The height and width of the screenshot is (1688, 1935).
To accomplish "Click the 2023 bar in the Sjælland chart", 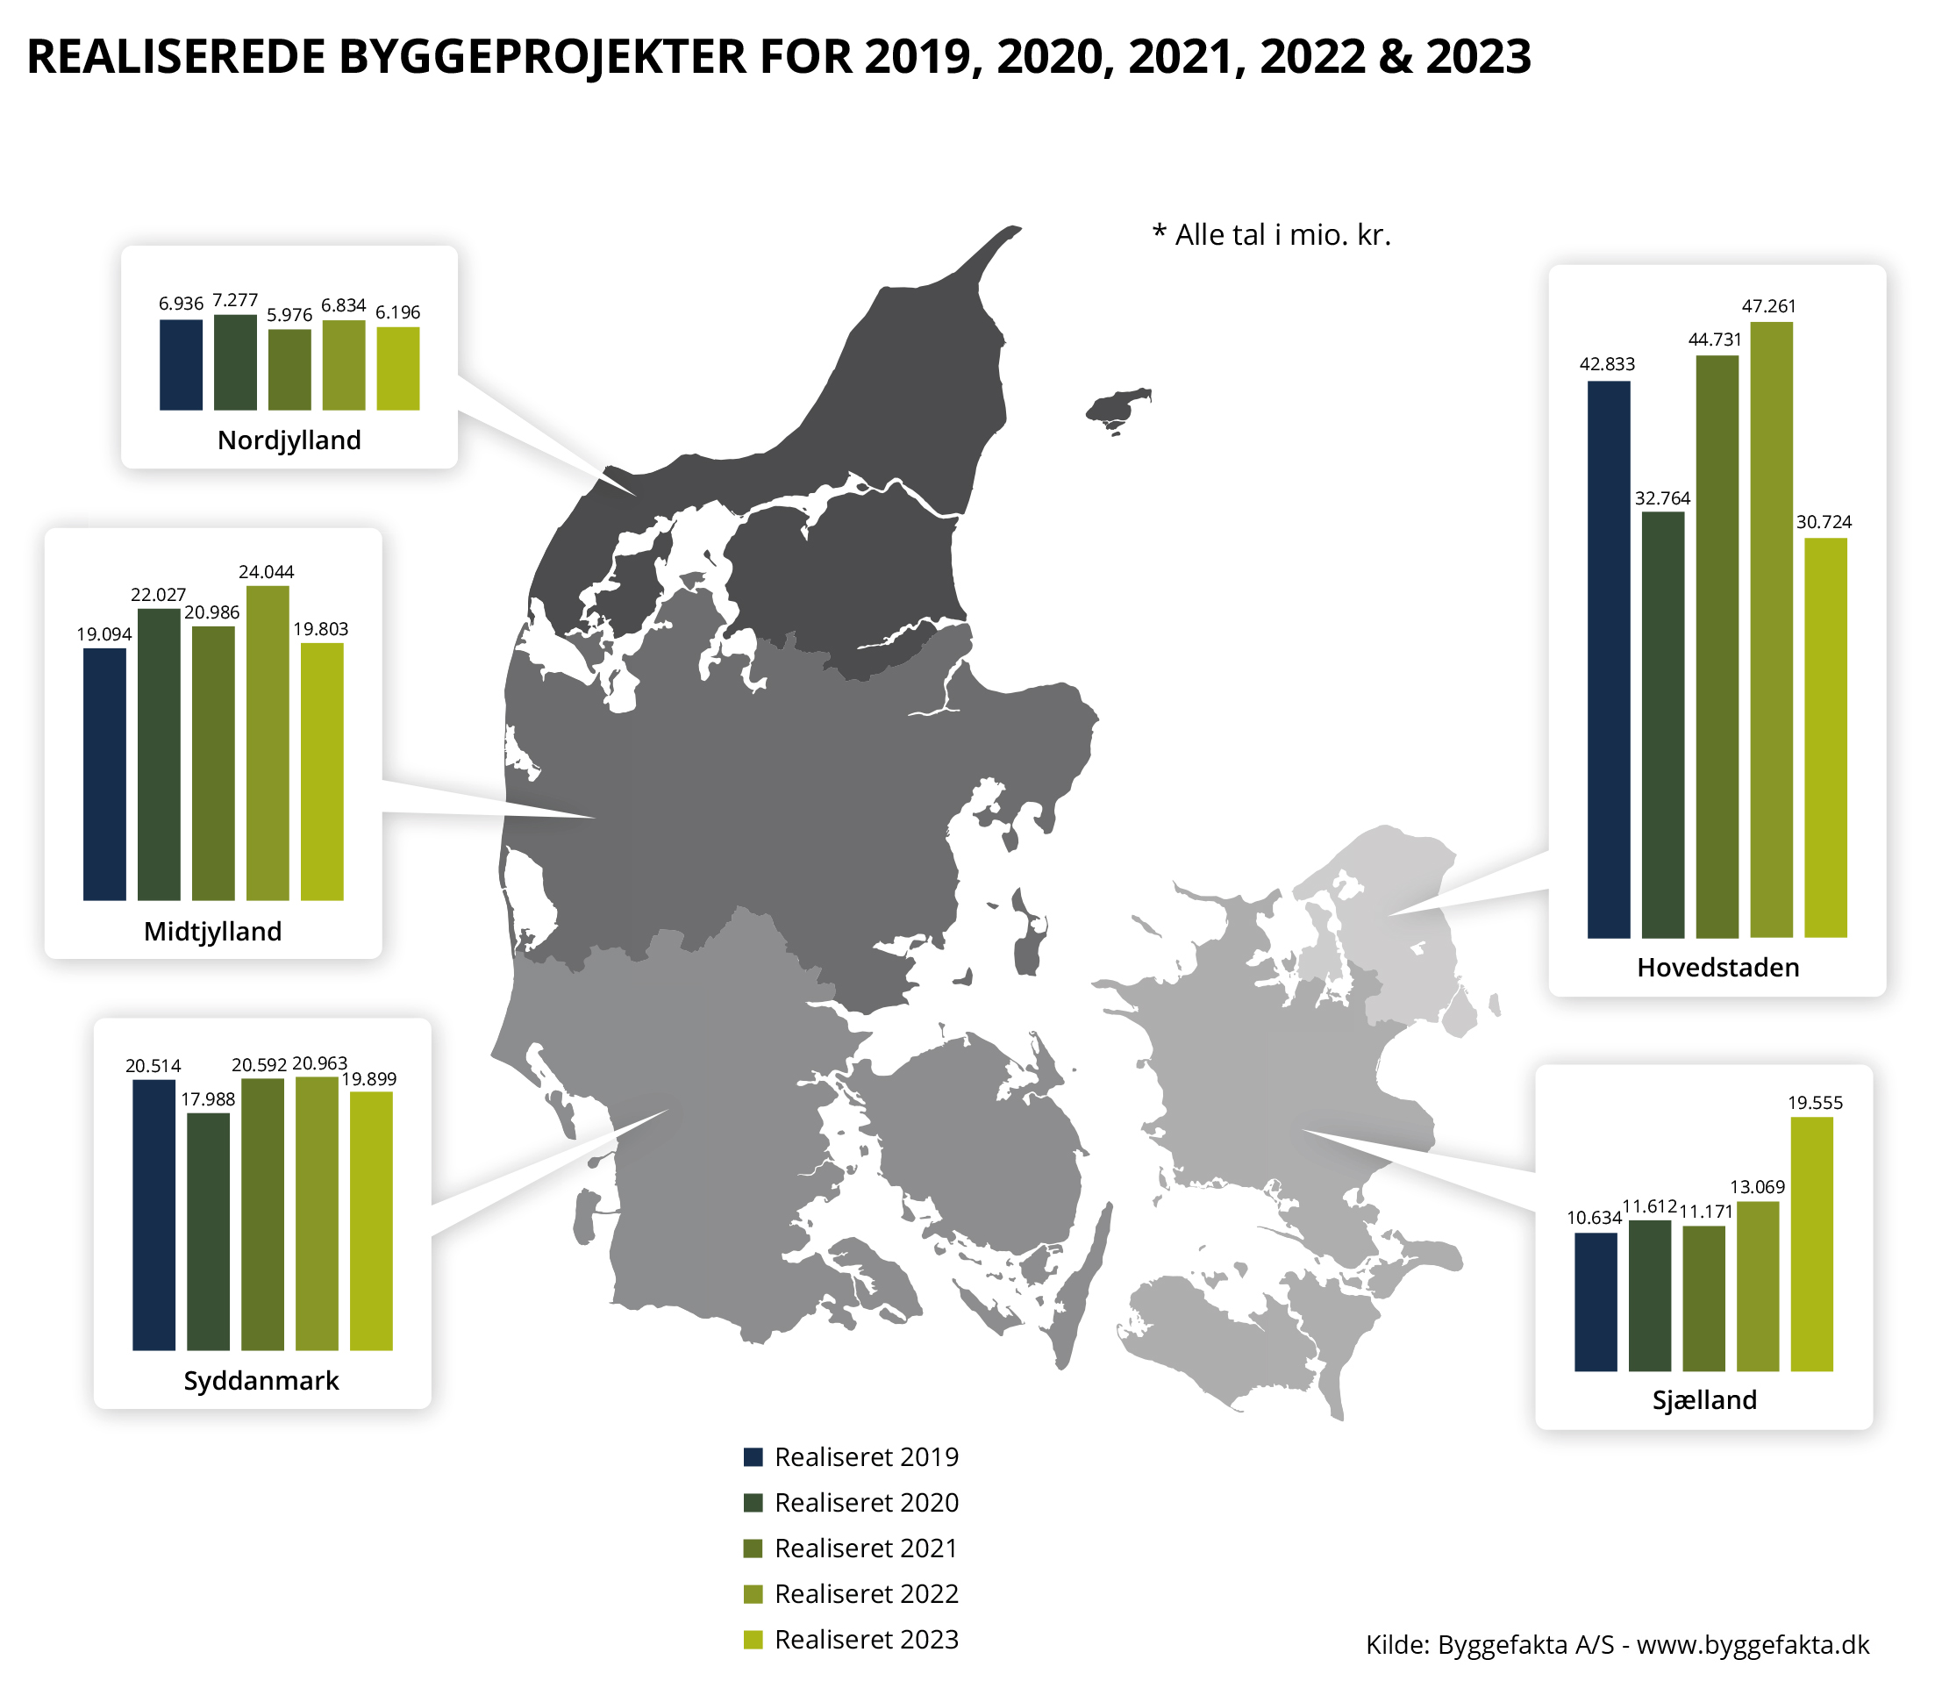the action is pos(1810,1244).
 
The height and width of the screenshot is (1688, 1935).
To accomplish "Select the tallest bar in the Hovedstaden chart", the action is pos(1770,629).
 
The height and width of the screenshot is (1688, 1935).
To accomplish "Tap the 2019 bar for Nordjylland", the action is pos(181,365).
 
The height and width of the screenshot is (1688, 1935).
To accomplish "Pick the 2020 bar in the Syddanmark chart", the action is pos(208,1231).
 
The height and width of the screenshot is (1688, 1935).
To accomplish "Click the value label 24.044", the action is pos(267,572).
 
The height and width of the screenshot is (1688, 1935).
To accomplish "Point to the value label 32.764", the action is pos(1663,498).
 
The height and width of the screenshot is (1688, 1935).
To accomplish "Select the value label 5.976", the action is pos(289,315).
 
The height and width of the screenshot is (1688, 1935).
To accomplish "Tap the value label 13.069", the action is pos(1757,1187).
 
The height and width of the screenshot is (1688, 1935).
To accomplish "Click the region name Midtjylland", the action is pos(213,932).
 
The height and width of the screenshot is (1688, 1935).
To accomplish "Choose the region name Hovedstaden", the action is pos(1717,968).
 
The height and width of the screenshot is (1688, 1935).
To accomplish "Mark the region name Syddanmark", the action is pos(261,1381).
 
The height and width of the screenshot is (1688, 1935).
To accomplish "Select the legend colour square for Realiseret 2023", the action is pos(753,1640).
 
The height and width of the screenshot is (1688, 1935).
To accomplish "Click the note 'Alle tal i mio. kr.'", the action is pos(1282,234).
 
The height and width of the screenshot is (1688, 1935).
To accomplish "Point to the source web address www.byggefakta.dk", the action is pos(1753,1645).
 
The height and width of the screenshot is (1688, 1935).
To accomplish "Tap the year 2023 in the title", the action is pos(1478,56).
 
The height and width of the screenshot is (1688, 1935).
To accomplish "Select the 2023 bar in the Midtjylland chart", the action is pos(322,771).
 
